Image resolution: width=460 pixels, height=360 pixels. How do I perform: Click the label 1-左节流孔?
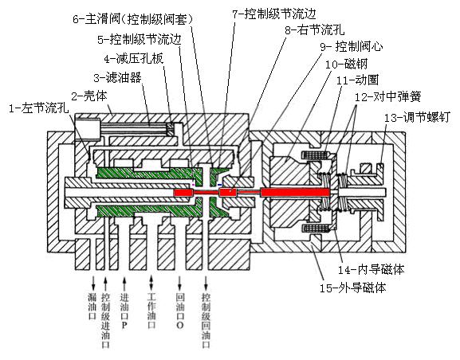(x=39, y=108)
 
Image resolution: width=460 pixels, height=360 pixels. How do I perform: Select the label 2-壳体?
(x=89, y=96)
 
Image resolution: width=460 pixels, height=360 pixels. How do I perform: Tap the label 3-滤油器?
(x=118, y=77)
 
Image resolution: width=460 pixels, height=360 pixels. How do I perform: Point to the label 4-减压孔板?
(x=134, y=59)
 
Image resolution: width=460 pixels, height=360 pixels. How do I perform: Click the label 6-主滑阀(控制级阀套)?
(x=133, y=19)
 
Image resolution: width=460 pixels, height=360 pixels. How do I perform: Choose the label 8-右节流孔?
(x=314, y=29)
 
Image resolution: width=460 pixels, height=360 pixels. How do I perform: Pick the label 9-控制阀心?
(x=351, y=46)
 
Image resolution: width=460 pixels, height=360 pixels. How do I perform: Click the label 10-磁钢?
(x=347, y=64)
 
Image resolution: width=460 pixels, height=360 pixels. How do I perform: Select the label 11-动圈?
(x=358, y=80)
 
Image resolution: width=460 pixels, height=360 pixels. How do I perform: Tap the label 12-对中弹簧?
(x=388, y=96)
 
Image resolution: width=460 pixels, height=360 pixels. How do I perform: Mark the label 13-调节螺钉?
(x=417, y=118)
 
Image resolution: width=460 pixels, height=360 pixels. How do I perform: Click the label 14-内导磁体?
(x=372, y=269)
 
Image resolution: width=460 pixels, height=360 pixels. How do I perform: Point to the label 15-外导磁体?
(x=352, y=288)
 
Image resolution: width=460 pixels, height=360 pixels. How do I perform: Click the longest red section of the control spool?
(x=296, y=192)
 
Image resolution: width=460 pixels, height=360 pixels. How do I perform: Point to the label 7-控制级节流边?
(x=274, y=14)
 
